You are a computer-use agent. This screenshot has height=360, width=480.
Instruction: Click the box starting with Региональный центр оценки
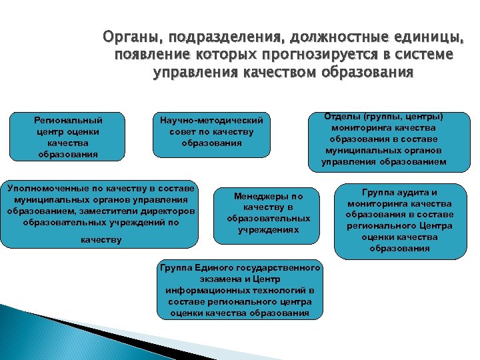coord(68,137)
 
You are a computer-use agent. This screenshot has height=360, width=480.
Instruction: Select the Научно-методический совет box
coord(212,133)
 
